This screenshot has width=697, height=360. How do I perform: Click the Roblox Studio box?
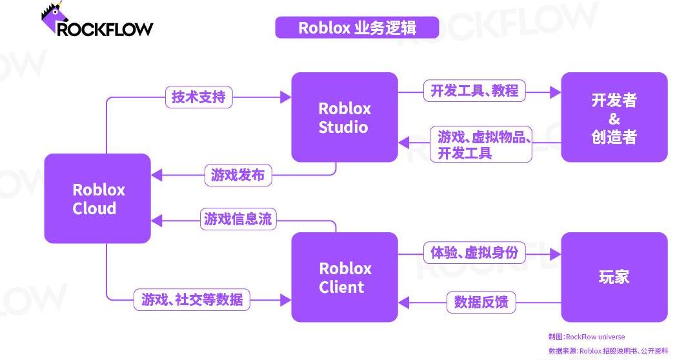[344, 117]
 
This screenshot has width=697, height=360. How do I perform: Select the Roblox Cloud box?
[97, 198]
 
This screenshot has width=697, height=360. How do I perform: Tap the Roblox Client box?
[344, 277]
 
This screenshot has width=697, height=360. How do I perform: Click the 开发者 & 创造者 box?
[614, 117]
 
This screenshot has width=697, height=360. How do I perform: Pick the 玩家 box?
[614, 277]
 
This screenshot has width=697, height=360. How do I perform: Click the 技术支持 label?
[199, 97]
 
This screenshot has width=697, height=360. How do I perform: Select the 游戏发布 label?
[237, 175]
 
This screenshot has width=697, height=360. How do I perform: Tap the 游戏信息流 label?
[238, 219]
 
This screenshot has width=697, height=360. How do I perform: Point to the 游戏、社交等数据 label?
[192, 299]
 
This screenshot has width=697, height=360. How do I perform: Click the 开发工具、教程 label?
[474, 91]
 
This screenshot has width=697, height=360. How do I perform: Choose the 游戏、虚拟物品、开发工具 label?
[483, 144]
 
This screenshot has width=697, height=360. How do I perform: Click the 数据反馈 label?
[481, 301]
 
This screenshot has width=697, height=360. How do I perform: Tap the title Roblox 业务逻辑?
[357, 28]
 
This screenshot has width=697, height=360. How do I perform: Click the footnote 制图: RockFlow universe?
[586, 337]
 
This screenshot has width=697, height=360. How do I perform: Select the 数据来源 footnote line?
[607, 351]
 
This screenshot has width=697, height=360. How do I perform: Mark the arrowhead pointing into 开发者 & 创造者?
[556, 92]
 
